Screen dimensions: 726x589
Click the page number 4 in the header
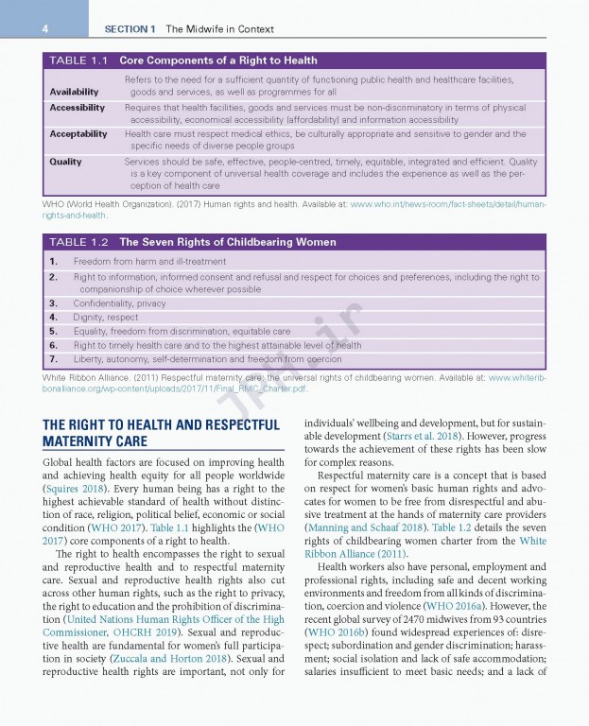(43, 29)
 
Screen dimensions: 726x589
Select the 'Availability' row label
(74, 92)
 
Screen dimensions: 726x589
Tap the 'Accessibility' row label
(77, 108)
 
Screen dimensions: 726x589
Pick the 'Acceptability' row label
(78, 134)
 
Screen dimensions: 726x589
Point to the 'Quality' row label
(65, 162)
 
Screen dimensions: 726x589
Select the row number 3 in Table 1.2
(54, 303)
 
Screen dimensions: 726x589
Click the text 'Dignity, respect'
(106, 318)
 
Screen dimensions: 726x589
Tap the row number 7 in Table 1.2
(54, 359)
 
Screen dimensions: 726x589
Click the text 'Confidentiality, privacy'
(119, 303)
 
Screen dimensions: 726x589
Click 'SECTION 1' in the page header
(130, 29)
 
